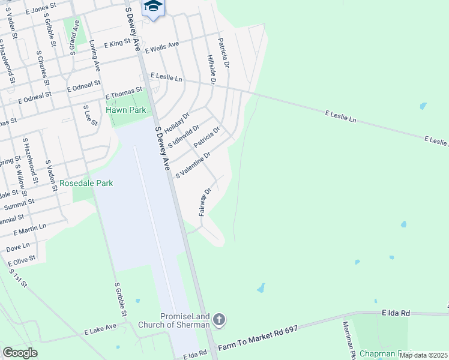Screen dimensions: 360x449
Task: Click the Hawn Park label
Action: (x=125, y=110)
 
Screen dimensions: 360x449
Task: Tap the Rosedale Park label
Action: (x=86, y=182)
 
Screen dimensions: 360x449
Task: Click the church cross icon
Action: (x=219, y=319)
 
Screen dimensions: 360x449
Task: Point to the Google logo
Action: (x=20, y=353)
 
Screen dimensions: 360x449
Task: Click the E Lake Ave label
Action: (x=100, y=329)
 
